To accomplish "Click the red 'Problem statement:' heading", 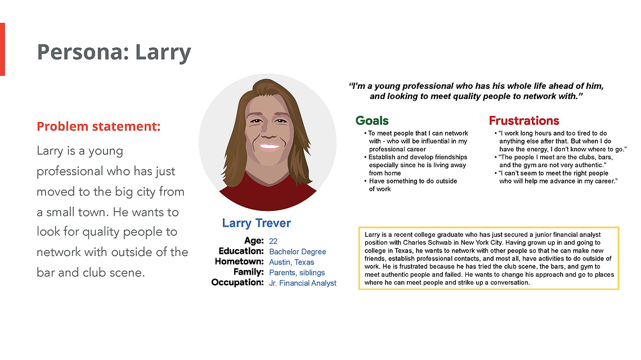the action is pos(98,126).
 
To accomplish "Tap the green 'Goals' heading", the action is pos(372,120).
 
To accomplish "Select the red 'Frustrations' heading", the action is pos(524,120).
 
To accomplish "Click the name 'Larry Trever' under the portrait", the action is pos(256,223).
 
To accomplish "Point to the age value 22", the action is pos(273,241).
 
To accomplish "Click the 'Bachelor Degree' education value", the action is pos(298,251).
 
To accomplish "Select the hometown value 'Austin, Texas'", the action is pos(292,262).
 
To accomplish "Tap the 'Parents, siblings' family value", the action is pos(297,273).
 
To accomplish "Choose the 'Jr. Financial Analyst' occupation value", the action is pos(303,283).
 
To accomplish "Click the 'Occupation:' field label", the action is pos(237,282).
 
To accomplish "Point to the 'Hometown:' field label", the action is pos(239,262).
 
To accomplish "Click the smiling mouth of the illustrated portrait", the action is pos(268,147).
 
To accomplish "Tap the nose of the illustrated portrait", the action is pos(268,133).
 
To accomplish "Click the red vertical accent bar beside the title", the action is pos(2,49).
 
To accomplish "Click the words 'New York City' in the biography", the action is pos(482,243).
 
